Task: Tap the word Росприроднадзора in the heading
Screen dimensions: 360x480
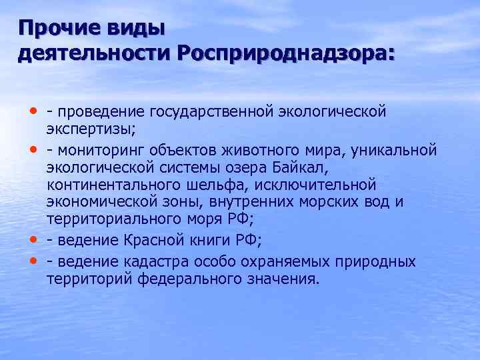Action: click(x=285, y=54)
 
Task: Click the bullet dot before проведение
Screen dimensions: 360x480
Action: click(x=33, y=110)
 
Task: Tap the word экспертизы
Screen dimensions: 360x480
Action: click(x=89, y=128)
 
